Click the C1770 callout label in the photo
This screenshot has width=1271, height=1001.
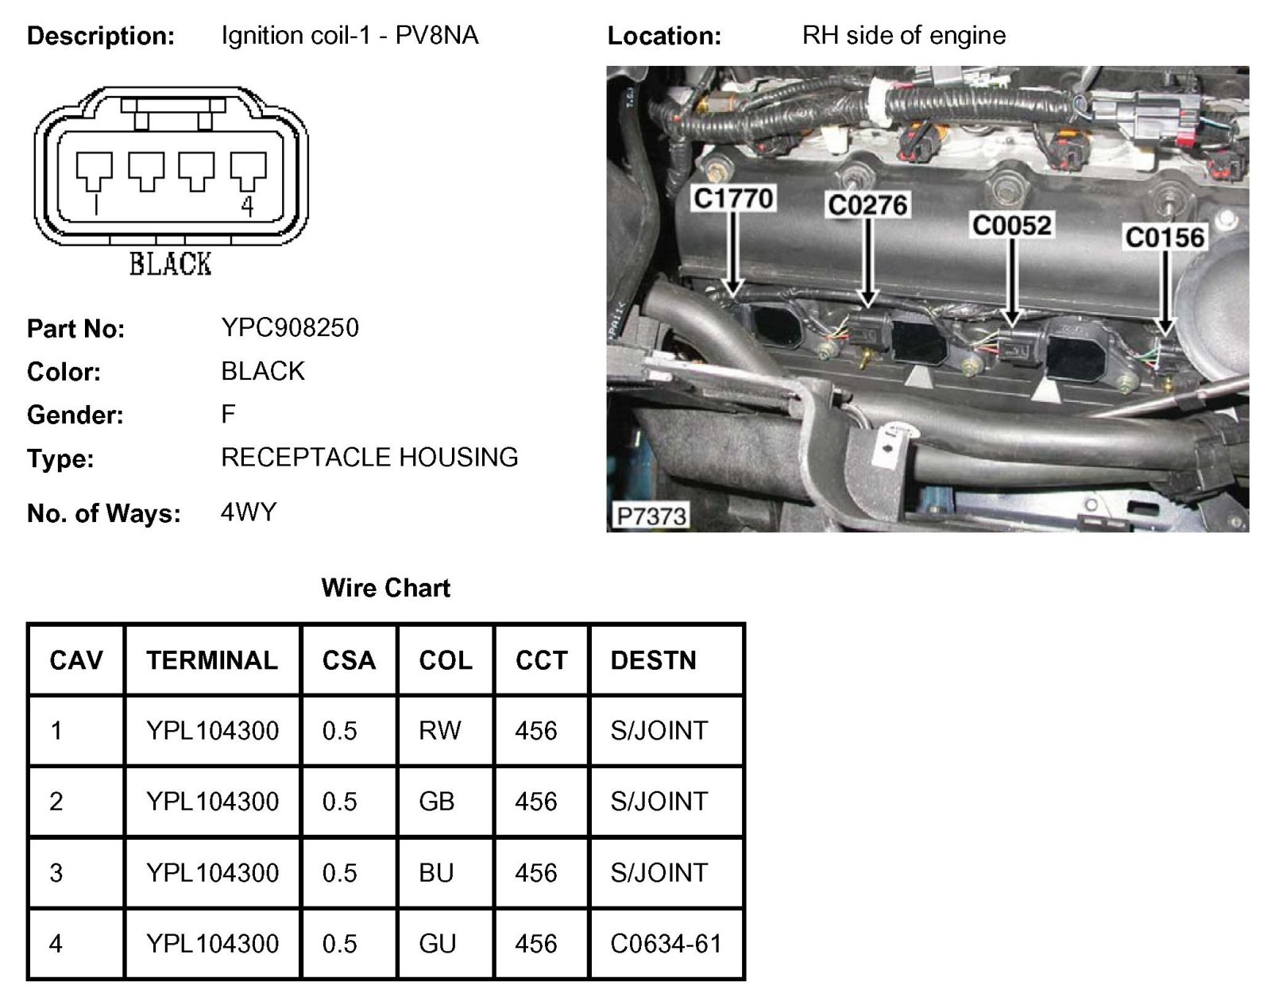pos(733,199)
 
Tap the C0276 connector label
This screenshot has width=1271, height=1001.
pos(867,206)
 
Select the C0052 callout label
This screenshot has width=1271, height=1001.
pos(1012,226)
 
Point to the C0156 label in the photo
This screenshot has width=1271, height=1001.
pos(1165,238)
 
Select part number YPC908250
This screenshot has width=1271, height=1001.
pos(290,327)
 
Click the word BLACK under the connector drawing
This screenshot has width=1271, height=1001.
pos(171,264)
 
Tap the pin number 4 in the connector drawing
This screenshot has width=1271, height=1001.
pos(248,207)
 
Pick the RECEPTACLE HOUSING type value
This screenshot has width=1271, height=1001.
pos(369,458)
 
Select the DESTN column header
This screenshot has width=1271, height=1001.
pos(653,661)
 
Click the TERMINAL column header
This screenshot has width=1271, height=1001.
pos(212,661)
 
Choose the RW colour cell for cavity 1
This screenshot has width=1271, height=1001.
pos(440,731)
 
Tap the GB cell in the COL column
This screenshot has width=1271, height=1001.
pos(437,802)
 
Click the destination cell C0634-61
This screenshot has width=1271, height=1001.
pos(666,944)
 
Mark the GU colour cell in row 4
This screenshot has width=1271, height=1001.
pos(438,944)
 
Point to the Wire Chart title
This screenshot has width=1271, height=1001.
pos(386,588)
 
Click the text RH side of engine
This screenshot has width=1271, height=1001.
pos(904,36)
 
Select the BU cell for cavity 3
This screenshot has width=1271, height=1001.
pos(436,873)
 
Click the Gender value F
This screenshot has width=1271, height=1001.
pos(229,414)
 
